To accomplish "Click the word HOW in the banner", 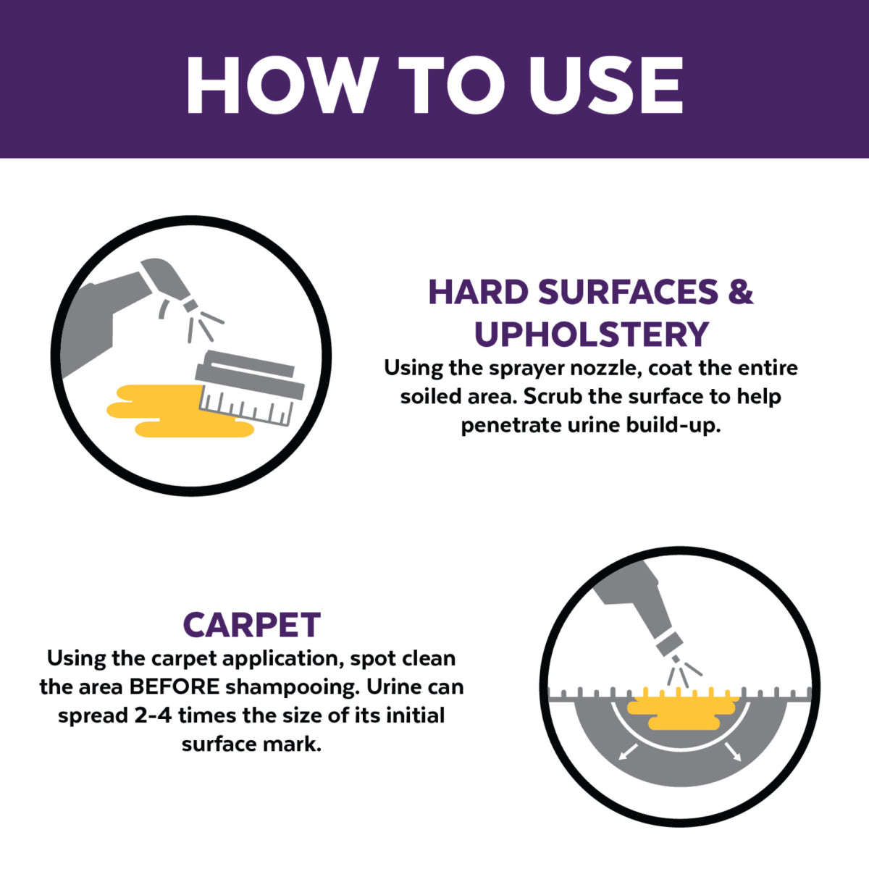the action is pos(280,85).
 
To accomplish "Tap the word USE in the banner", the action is pos(605,85).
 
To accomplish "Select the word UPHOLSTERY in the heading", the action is pos(591,334).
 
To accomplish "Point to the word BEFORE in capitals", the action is pos(175,687).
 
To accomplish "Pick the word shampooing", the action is pos(293,688).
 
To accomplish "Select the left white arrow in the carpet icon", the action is pos(628,752).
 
